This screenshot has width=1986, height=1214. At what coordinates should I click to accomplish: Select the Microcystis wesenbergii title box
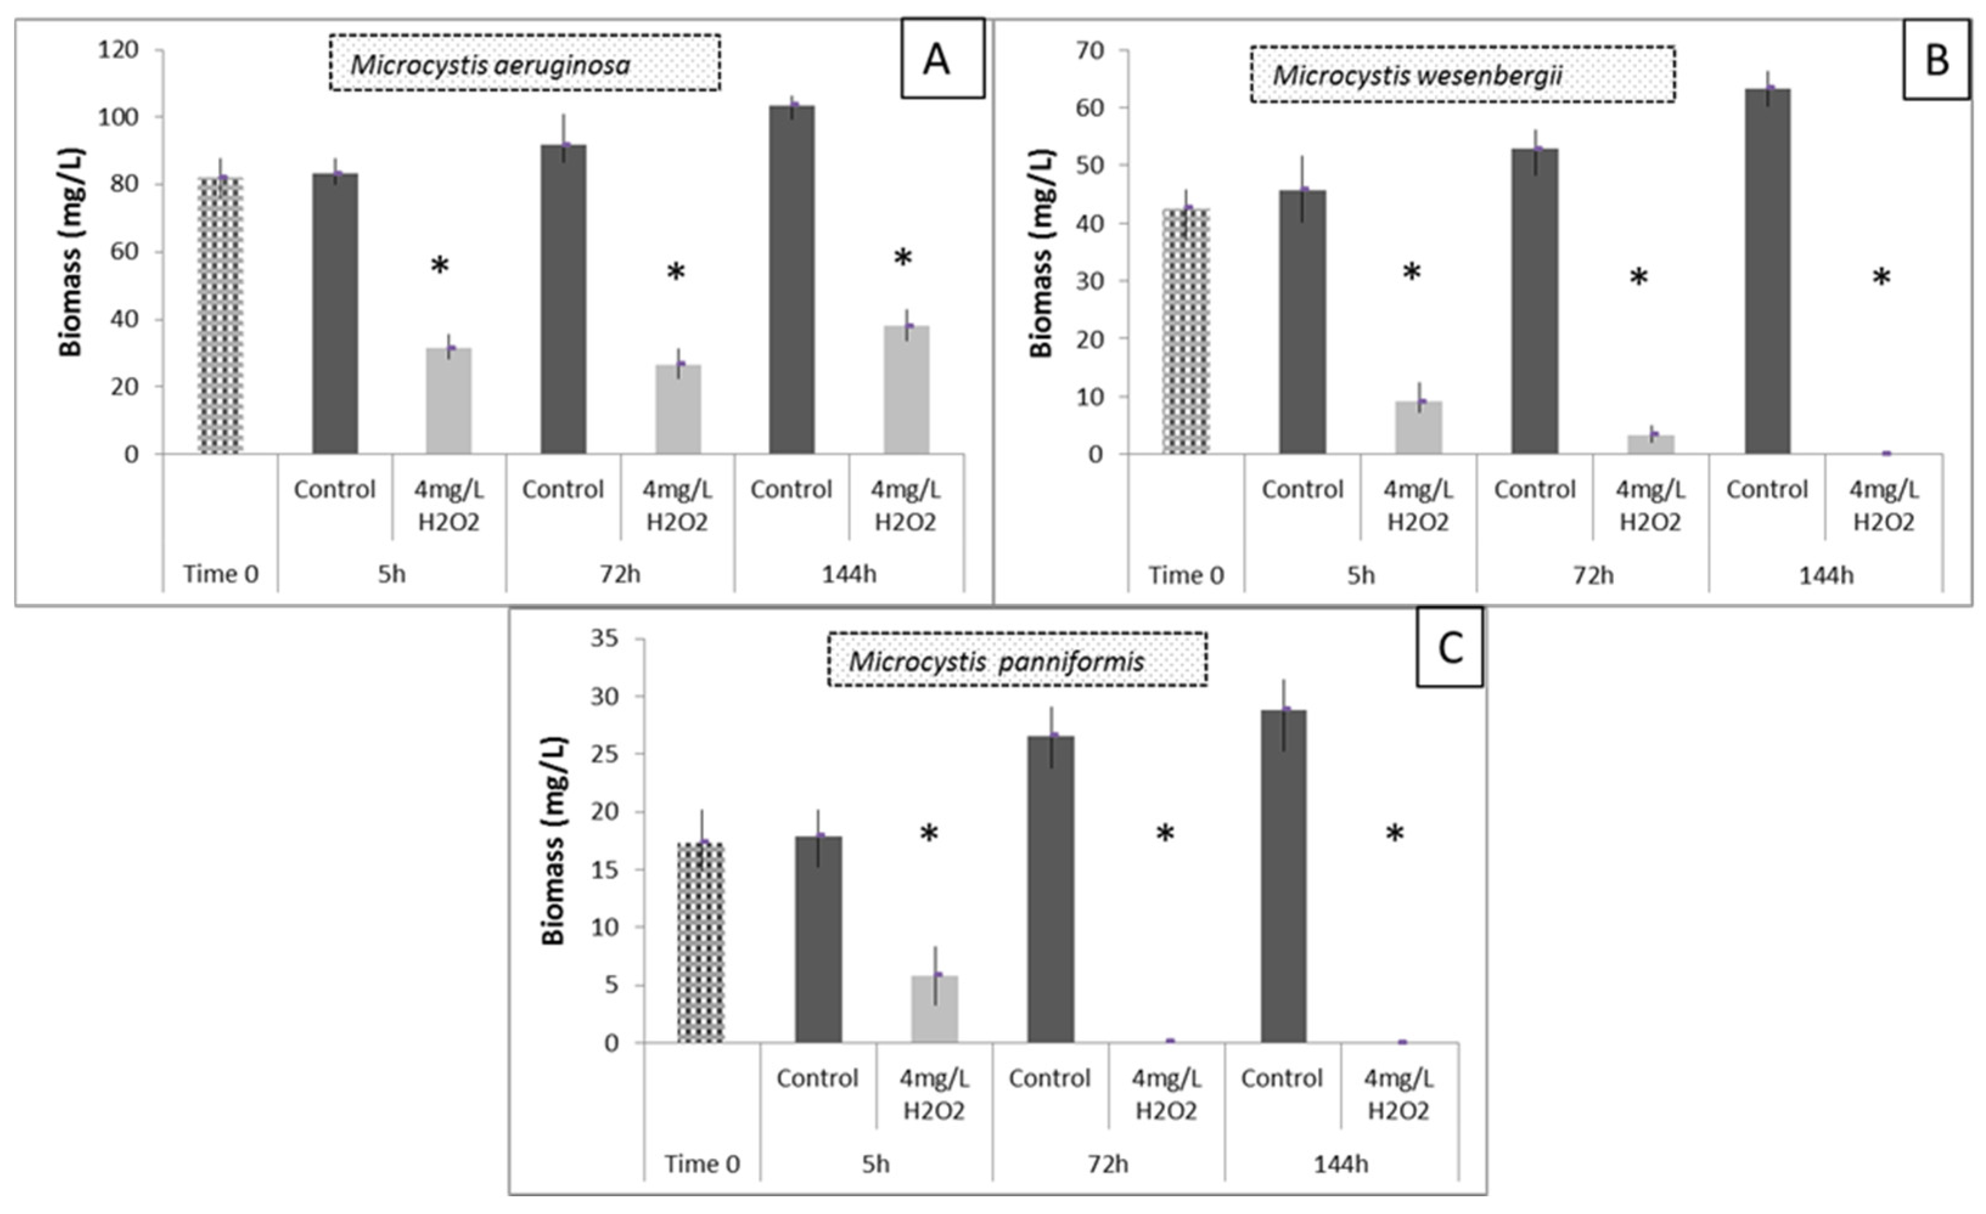pyautogui.click(x=1462, y=75)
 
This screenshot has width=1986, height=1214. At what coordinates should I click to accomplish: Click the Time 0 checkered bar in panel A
pyautogui.click(x=221, y=316)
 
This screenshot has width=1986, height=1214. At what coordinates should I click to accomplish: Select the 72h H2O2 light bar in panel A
pyautogui.click(x=678, y=410)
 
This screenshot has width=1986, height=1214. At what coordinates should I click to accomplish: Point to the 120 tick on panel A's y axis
pyautogui.click(x=118, y=50)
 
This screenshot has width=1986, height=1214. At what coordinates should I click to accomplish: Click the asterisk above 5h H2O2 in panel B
pyautogui.click(x=1411, y=273)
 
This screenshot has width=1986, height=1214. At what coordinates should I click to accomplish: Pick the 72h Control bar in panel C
pyautogui.click(x=1050, y=890)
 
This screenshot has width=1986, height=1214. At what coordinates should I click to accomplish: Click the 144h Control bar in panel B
pyautogui.click(x=1766, y=272)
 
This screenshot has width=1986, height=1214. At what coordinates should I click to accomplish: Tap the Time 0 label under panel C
pyautogui.click(x=702, y=1163)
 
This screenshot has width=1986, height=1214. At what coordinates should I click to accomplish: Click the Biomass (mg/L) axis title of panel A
pyautogui.click(x=72, y=252)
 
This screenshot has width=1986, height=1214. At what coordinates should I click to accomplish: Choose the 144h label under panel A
pyautogui.click(x=849, y=574)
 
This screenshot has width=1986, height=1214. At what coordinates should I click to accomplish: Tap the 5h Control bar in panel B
pyautogui.click(x=1302, y=322)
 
